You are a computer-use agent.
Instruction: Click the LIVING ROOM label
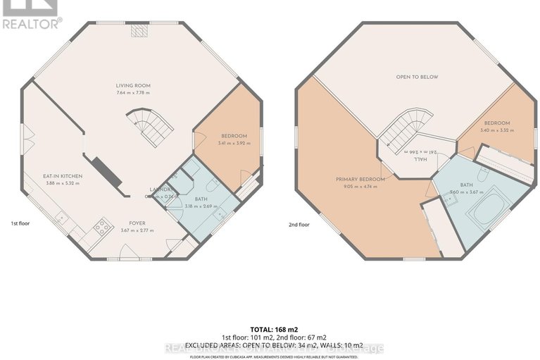(x=133, y=86)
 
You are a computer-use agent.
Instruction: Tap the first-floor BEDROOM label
(x=234, y=136)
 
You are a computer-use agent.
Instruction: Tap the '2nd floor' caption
(x=299, y=225)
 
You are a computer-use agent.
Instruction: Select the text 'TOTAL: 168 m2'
(x=270, y=330)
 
